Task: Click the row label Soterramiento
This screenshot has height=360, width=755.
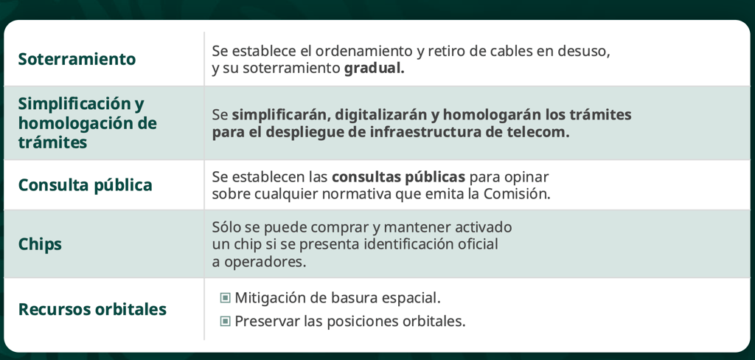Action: (x=77, y=59)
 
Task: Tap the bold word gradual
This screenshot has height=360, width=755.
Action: (x=374, y=69)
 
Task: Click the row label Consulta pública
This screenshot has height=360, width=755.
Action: (x=86, y=185)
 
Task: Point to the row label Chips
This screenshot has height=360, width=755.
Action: (x=40, y=244)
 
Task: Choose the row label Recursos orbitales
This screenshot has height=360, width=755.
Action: (x=92, y=309)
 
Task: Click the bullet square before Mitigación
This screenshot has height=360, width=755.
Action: (x=225, y=298)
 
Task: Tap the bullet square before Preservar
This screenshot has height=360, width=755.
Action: (x=225, y=321)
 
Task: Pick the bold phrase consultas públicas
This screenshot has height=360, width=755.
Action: (x=399, y=177)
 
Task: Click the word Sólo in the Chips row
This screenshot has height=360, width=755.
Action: (x=226, y=226)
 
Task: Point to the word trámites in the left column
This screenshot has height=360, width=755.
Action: (x=53, y=142)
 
